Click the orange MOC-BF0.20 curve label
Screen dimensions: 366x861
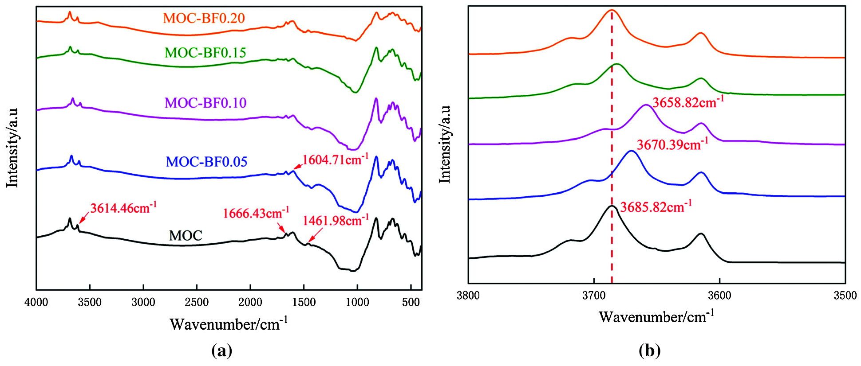[x=204, y=18]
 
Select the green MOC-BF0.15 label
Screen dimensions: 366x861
[x=205, y=53]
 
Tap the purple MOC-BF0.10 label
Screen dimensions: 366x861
[x=205, y=103]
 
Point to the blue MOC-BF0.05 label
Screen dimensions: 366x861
[x=206, y=162]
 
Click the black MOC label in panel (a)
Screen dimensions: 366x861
[x=186, y=235]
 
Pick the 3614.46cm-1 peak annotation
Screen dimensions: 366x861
[x=123, y=208]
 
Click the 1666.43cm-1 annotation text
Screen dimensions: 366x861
[x=256, y=213]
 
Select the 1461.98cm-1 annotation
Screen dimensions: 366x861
[x=336, y=220]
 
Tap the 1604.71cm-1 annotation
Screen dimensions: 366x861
[x=335, y=160]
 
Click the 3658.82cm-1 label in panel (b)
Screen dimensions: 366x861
[x=688, y=102]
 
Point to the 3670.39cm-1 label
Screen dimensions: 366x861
[x=672, y=144]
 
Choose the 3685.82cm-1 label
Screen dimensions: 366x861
[x=656, y=207]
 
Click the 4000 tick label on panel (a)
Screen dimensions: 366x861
[x=36, y=303]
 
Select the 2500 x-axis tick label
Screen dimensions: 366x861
[x=197, y=303]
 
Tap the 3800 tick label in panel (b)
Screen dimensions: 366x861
[x=468, y=296]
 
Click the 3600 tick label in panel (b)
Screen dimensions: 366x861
[x=719, y=296]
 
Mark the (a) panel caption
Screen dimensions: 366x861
[x=222, y=350]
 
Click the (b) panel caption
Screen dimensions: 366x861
[x=650, y=350]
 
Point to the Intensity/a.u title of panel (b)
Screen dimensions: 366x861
[x=445, y=144]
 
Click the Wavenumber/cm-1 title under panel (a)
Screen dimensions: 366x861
[x=229, y=324]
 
